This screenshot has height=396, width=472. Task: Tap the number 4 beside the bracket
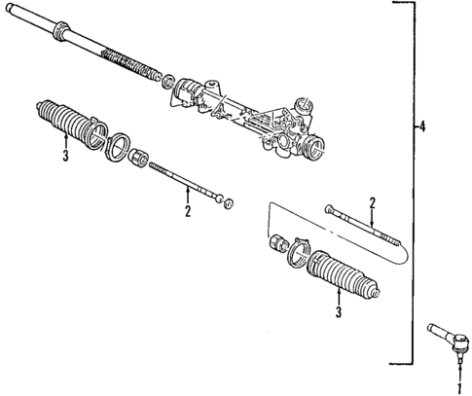(421, 126)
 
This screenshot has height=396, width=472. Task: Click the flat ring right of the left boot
(115, 147)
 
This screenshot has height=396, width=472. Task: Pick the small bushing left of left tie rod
(137, 157)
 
